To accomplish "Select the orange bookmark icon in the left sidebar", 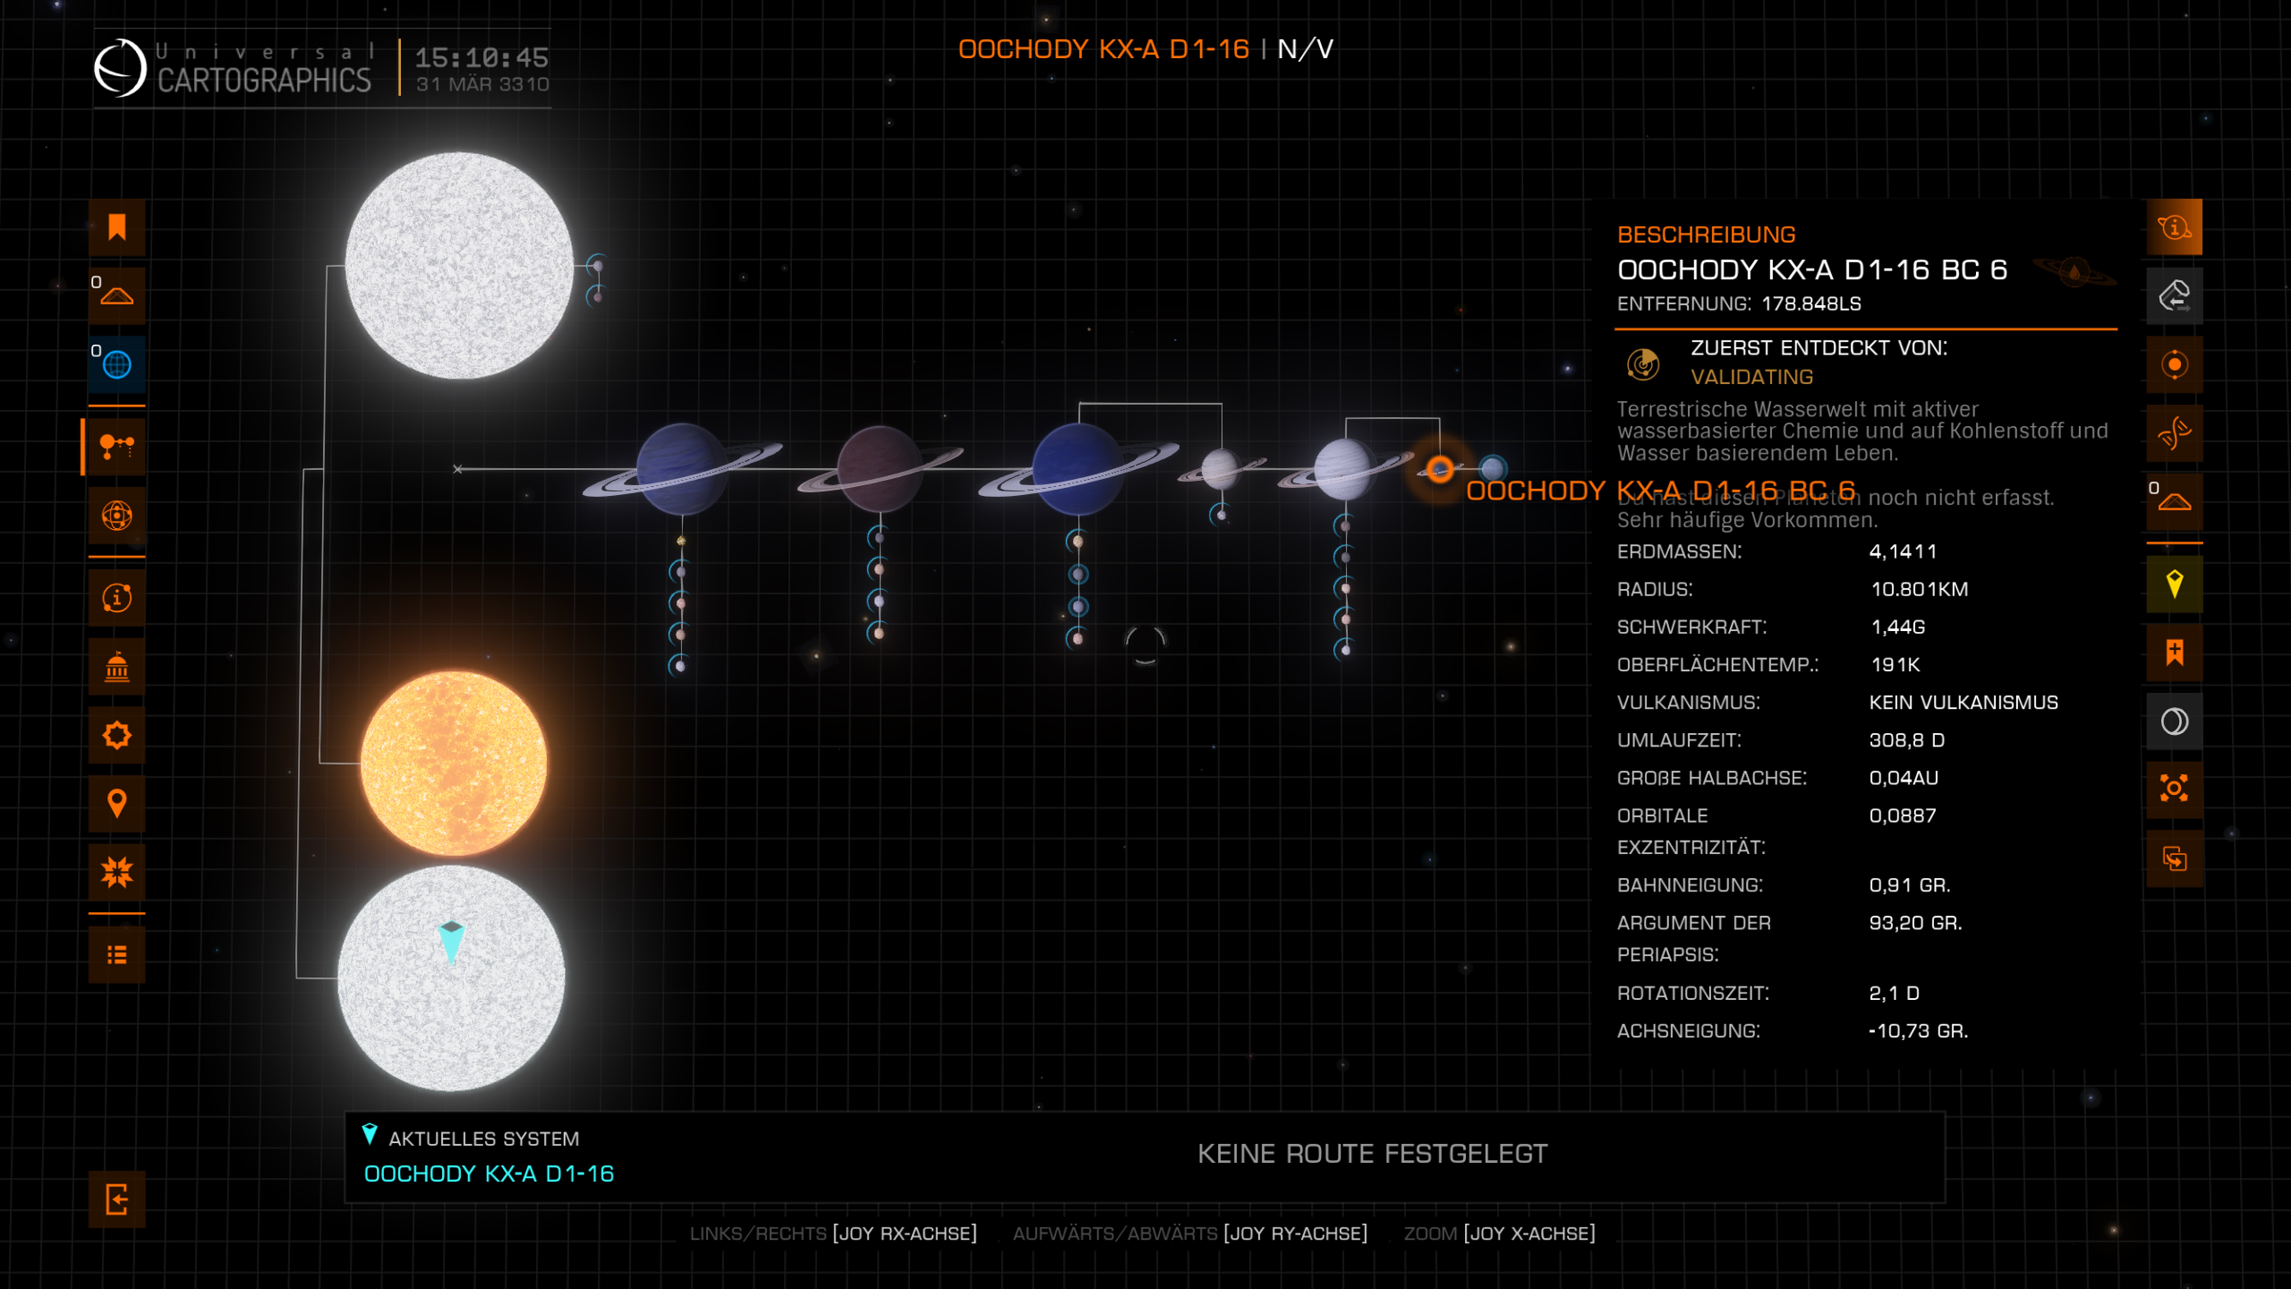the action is click(x=117, y=228).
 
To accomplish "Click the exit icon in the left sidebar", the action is click(x=117, y=1199).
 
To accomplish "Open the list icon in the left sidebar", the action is click(x=117, y=954).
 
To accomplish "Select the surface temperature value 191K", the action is click(x=1895, y=665).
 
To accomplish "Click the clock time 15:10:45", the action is click(x=481, y=58).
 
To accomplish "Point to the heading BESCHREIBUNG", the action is click(x=1706, y=235).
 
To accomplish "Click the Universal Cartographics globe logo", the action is click(x=120, y=68).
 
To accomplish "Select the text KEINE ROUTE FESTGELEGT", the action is click(x=1371, y=1154).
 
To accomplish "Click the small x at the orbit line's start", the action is click(x=457, y=469).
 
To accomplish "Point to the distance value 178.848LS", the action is click(x=1811, y=303).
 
